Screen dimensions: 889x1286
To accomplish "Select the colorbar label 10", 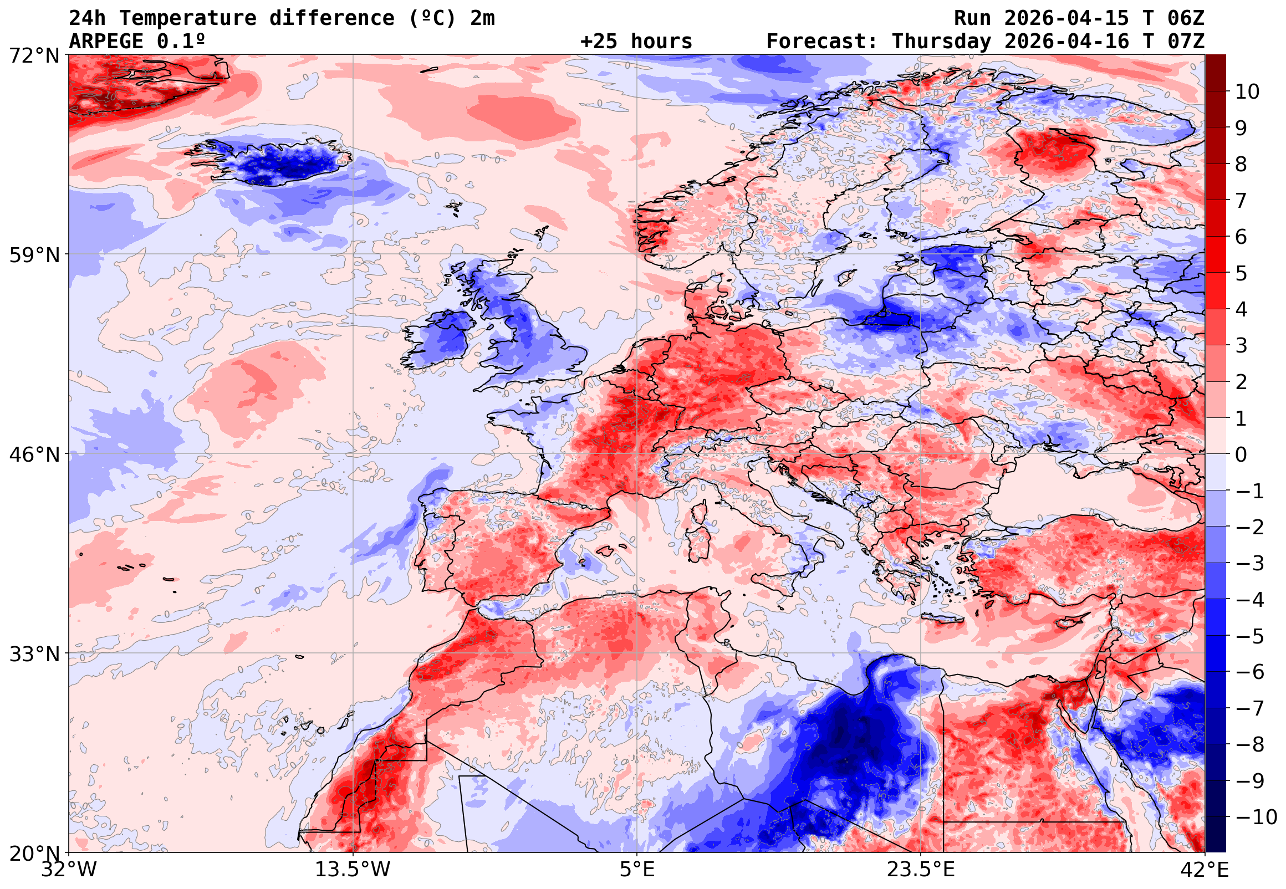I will tap(1247, 92).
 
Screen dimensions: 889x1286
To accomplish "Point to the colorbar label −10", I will tap(1256, 817).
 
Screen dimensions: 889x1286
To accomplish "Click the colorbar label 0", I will tap(1241, 454).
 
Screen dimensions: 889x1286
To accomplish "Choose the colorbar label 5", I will tap(1241, 273).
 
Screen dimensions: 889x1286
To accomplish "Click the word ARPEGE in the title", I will tap(106, 41).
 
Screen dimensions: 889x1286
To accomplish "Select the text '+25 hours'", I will tap(636, 41).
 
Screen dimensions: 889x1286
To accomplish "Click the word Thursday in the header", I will tap(941, 41).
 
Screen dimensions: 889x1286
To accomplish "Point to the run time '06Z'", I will tap(1186, 18).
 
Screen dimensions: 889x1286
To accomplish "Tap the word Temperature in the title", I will tap(188, 18).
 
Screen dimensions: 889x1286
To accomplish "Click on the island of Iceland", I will tap(273, 161).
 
